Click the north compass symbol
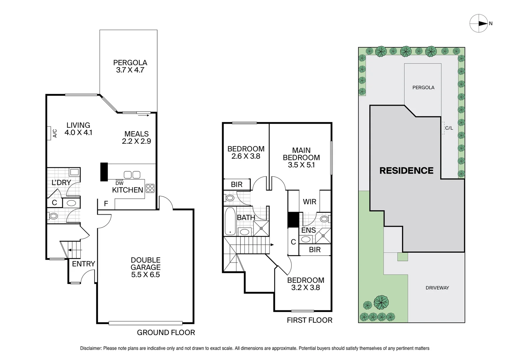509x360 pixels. click(479, 23)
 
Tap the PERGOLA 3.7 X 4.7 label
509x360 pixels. click(130, 66)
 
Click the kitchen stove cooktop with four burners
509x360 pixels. click(150, 188)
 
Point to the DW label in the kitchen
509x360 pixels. click(119, 183)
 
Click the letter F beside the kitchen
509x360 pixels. click(106, 203)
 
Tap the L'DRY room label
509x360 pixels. click(61, 182)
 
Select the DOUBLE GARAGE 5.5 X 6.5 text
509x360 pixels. click(145, 267)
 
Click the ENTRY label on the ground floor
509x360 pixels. click(83, 264)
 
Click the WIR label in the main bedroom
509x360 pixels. click(309, 202)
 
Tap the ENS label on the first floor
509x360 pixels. click(308, 230)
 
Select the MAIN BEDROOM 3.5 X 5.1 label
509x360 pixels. click(301, 158)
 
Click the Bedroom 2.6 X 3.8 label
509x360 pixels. click(246, 152)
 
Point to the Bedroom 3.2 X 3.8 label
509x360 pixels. click(305, 284)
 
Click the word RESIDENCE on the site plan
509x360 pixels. click(406, 171)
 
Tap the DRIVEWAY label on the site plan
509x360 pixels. click(437, 288)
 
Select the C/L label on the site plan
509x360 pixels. click(449, 128)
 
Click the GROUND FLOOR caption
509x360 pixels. click(166, 332)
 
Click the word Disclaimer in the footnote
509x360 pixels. click(91, 348)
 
